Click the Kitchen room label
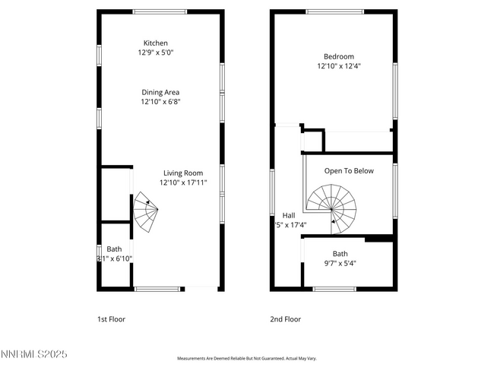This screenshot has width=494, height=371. [156, 43]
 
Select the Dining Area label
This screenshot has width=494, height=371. [160, 92]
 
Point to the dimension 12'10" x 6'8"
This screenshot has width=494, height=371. [160, 102]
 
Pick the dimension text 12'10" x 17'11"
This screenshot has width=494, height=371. [183, 182]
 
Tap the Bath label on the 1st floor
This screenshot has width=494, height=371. [114, 249]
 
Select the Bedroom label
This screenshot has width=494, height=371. [339, 56]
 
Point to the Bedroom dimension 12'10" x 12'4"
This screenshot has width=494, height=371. [339, 66]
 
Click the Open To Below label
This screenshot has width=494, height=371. [349, 171]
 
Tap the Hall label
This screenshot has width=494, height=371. [289, 215]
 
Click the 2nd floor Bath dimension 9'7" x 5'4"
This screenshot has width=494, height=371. [340, 264]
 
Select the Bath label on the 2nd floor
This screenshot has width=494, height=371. [340, 254]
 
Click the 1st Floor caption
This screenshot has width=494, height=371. [111, 319]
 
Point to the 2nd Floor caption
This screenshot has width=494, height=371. [286, 319]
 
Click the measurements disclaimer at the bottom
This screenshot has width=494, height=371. [247, 358]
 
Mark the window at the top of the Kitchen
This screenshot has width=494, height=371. [156, 11]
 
